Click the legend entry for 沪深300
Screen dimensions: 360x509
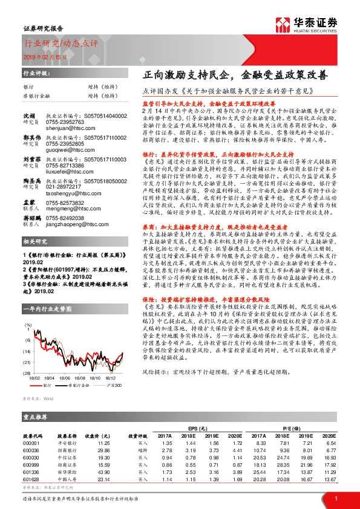111,384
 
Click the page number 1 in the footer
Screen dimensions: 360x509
335,498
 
